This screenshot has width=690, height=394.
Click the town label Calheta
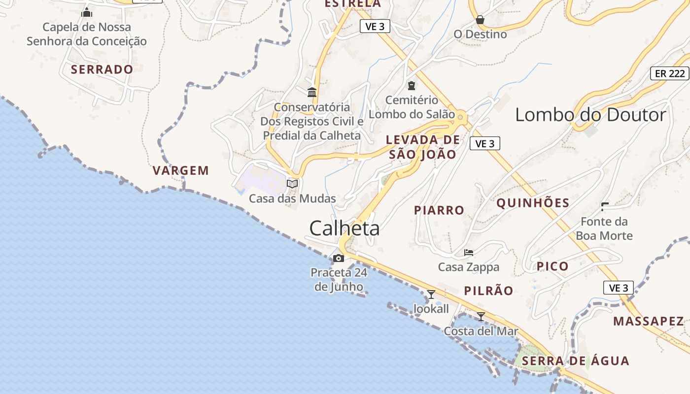(x=345, y=229)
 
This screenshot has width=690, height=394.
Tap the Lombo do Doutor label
(x=590, y=115)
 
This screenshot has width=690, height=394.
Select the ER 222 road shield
(x=670, y=73)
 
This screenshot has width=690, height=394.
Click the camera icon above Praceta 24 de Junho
(x=339, y=258)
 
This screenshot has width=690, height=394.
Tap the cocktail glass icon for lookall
(x=431, y=295)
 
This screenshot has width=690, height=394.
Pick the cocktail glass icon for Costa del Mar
(x=481, y=316)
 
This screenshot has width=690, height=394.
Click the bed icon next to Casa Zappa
(x=469, y=253)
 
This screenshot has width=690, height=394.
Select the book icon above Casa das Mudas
(x=292, y=184)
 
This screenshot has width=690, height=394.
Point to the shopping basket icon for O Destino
(x=480, y=20)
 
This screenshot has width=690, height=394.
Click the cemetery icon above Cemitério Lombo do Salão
(x=411, y=86)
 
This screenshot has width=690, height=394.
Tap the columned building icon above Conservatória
(x=312, y=92)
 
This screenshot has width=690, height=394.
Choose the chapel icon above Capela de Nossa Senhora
(x=87, y=12)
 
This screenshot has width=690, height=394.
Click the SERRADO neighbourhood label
(x=102, y=69)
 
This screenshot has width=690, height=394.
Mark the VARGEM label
(x=181, y=171)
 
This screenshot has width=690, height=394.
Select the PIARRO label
(x=439, y=210)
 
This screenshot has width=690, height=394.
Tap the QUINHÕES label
(x=533, y=203)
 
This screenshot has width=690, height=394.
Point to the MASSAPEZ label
(x=649, y=322)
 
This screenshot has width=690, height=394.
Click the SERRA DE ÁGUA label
(x=576, y=361)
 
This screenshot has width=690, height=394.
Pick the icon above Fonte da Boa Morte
(x=605, y=206)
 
